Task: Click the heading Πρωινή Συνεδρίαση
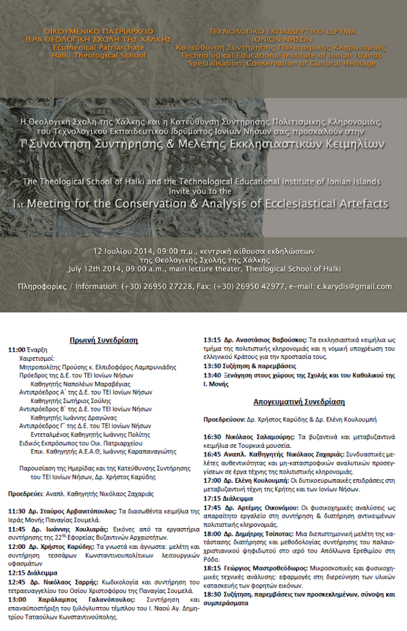(x=103, y=340)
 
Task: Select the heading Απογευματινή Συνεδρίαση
(x=299, y=402)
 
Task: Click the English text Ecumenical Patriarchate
(x=99, y=47)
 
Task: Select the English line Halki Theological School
(x=99, y=55)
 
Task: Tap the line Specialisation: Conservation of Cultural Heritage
(x=282, y=62)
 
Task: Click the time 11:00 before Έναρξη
(x=17, y=350)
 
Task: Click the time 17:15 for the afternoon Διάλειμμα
(x=213, y=498)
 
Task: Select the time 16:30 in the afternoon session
(x=213, y=436)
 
